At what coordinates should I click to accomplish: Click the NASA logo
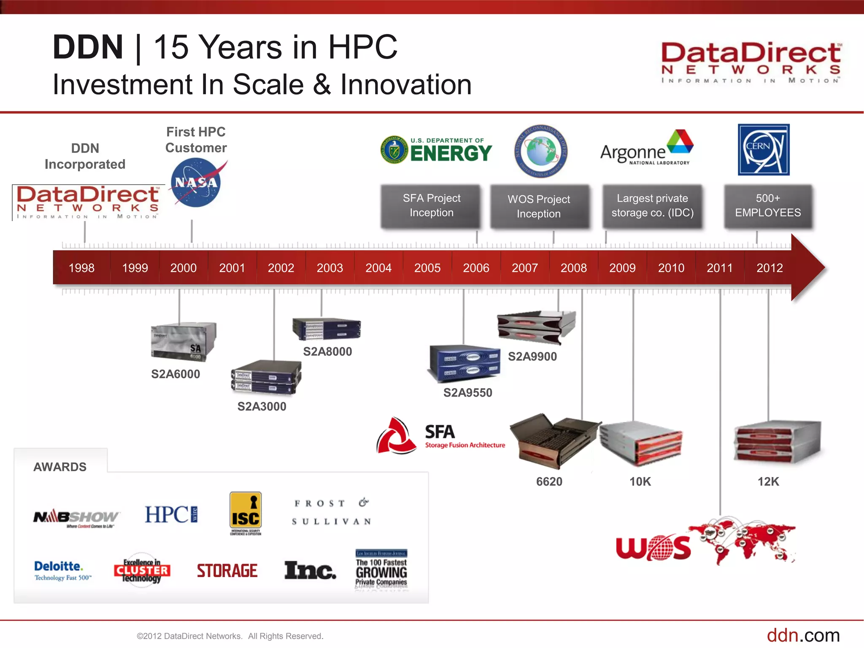click(196, 182)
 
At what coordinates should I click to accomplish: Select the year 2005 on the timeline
click(427, 268)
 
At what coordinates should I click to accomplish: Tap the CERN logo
click(763, 150)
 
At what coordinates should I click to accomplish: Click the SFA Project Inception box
click(431, 206)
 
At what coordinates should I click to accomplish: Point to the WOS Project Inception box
click(539, 207)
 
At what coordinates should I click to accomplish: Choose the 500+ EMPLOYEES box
click(768, 206)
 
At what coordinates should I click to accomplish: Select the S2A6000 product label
click(175, 374)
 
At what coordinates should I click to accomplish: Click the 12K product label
click(768, 482)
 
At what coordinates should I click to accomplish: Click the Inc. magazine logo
click(310, 570)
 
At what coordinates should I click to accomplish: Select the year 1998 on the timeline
click(81, 268)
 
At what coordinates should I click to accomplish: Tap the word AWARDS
click(60, 467)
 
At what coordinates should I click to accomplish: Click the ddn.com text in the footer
click(803, 635)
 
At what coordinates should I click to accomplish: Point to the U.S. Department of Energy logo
click(436, 150)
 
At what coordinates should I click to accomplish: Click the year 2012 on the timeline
click(769, 268)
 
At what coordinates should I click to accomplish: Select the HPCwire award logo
click(171, 515)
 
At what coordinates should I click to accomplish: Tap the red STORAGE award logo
click(227, 571)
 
